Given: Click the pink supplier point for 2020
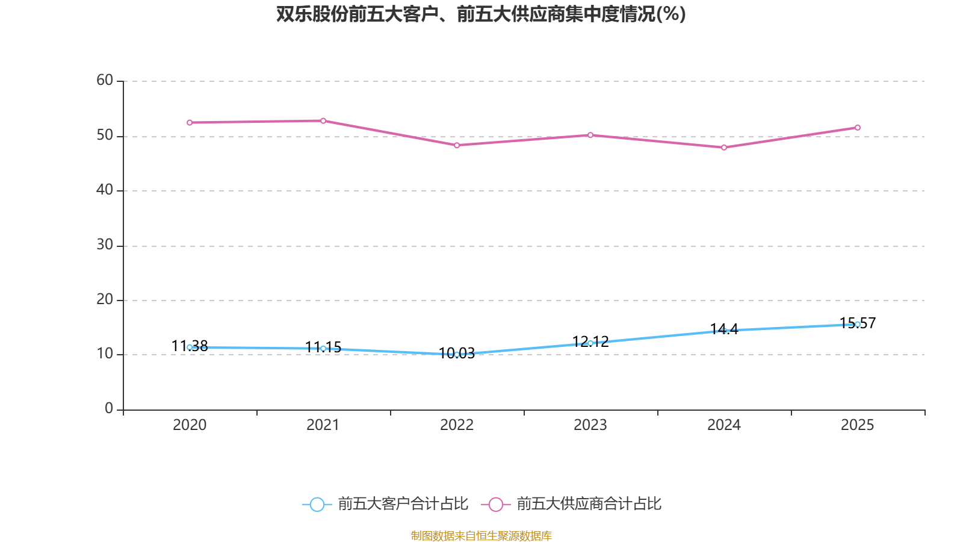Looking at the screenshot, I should (x=190, y=123).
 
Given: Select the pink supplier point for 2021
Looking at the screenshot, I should (x=323, y=121).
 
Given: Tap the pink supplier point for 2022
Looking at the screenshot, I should (x=457, y=146).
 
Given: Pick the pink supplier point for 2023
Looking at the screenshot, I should (x=590, y=135).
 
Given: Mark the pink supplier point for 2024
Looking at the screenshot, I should (x=724, y=148).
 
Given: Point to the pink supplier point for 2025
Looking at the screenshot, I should (x=858, y=128).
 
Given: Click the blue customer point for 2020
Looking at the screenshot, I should (x=190, y=347).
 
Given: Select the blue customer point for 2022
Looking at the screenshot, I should (x=457, y=355).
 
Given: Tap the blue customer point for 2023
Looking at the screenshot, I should (x=590, y=343).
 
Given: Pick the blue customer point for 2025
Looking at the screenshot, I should (x=858, y=325).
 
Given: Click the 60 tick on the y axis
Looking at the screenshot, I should (x=105, y=81).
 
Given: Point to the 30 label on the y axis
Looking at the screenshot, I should (x=105, y=245).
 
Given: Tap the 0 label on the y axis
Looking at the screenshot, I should (x=109, y=409).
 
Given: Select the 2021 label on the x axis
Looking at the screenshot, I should (x=323, y=425).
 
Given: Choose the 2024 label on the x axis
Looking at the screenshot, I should (x=724, y=425).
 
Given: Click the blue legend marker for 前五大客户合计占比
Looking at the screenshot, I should (x=317, y=504).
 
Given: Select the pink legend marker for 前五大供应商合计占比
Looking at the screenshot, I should (x=496, y=504).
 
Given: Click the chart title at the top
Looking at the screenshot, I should (x=481, y=14).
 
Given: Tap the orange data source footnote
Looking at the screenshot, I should (x=481, y=535).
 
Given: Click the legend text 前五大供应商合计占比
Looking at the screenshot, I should (x=589, y=504).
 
